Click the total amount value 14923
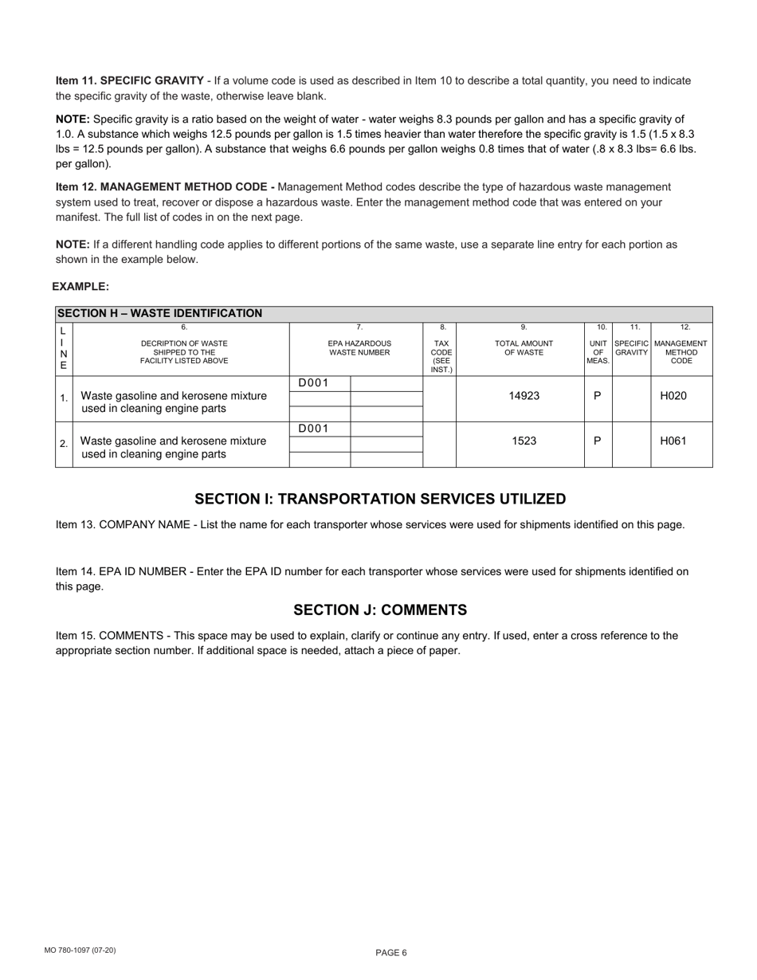(524, 396)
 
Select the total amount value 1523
(524, 441)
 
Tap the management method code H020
(673, 396)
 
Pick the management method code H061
(673, 441)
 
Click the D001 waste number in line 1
(313, 383)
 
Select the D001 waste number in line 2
(313, 429)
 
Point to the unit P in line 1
(598, 395)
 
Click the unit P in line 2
(598, 441)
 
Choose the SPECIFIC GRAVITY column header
(632, 347)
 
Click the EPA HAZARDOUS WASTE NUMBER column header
(359, 347)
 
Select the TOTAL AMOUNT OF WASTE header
(524, 347)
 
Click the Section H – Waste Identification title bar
(159, 314)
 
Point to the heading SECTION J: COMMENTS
(380, 610)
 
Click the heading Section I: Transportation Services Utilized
(380, 500)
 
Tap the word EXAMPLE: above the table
(80, 287)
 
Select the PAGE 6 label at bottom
(391, 953)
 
